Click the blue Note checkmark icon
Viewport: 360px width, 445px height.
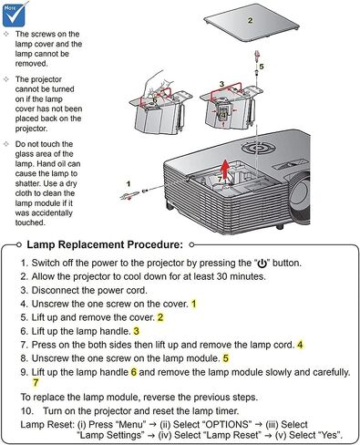[x=14, y=14]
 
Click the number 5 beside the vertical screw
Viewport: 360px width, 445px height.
[x=262, y=67]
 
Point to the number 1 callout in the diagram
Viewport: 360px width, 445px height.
[x=129, y=183]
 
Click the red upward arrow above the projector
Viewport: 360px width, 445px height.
[x=225, y=170]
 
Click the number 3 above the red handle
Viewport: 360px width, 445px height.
[x=221, y=84]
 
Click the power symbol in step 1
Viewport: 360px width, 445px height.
[x=262, y=264]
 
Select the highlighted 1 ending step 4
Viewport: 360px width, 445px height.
[x=194, y=304]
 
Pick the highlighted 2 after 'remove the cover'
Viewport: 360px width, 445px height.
[x=160, y=317]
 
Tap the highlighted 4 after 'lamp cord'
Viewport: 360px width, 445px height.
[x=300, y=345]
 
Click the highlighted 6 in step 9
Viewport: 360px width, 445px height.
[x=134, y=372]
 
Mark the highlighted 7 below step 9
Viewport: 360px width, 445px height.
[x=36, y=382]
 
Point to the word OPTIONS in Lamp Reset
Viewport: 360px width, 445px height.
[x=227, y=424]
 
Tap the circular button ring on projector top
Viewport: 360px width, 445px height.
[x=259, y=148]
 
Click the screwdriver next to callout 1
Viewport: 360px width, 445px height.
[x=130, y=195]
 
